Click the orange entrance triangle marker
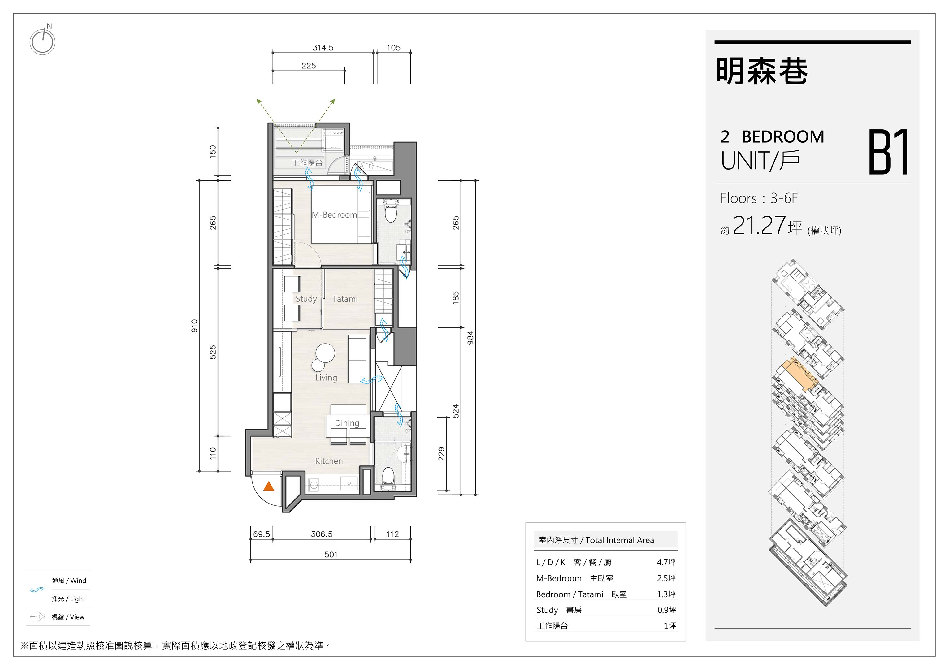pos(269,486)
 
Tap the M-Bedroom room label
pos(334,215)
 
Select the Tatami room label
pos(345,299)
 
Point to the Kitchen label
pos(329,461)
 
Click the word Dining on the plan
pos(347,423)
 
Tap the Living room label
pos(326,378)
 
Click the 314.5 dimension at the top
pos(323,48)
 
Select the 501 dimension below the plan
pos(331,555)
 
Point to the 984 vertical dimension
pos(470,338)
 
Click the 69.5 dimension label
pos(262,534)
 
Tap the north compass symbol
pos(43,40)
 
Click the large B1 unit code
pos(889,152)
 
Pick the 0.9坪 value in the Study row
pos(667,610)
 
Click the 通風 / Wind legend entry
pos(69,581)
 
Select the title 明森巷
pos(762,71)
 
